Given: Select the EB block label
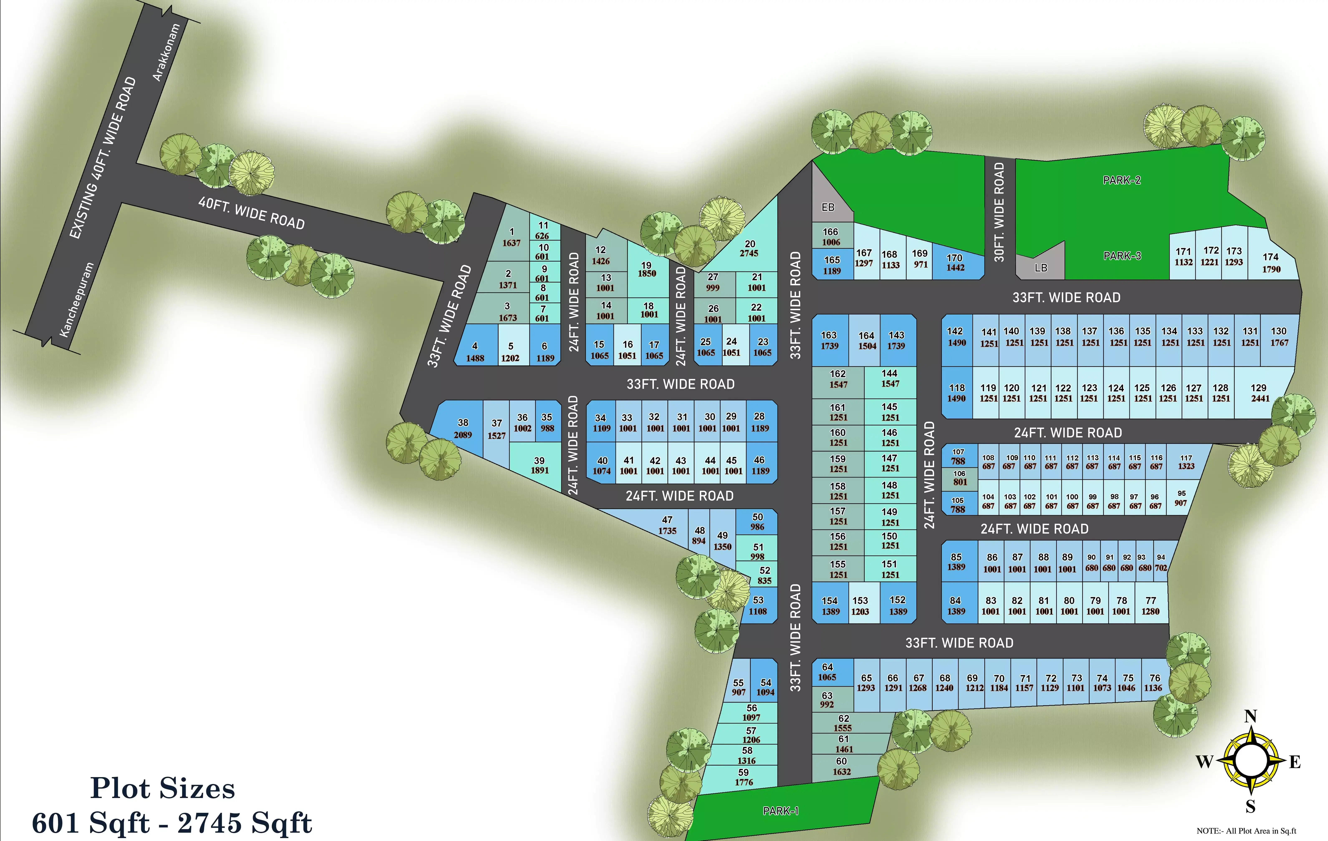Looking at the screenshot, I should [x=828, y=207].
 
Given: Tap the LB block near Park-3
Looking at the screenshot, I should [x=1041, y=268].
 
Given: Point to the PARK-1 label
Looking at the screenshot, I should [x=780, y=811].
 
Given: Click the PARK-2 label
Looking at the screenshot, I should [x=1122, y=180].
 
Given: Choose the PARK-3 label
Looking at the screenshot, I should [x=1122, y=256].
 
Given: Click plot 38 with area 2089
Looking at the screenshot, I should [x=463, y=428].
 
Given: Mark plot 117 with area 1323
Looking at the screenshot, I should [x=1186, y=462].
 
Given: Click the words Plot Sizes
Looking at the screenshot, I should [x=163, y=788].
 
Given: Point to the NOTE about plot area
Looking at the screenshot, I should [x=1246, y=831].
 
